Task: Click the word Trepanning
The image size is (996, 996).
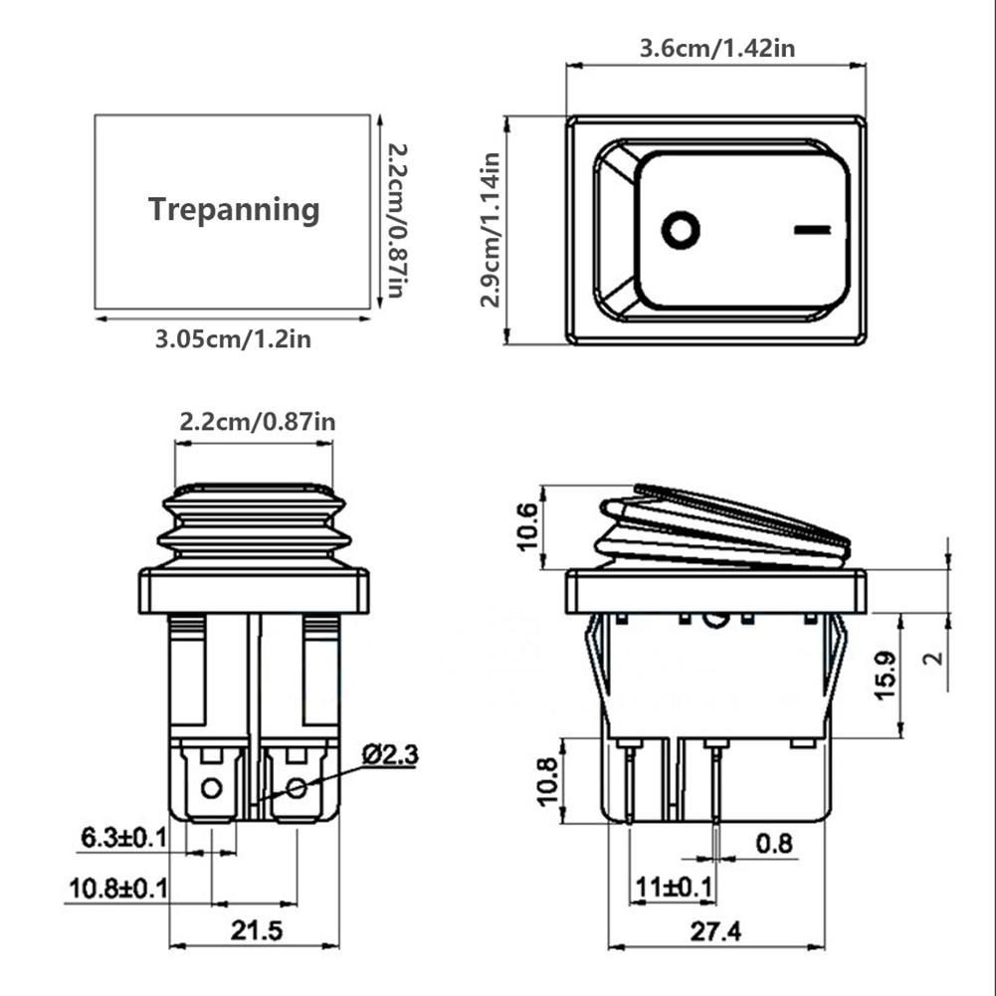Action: [x=234, y=210]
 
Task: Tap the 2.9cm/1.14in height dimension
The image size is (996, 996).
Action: [x=490, y=230]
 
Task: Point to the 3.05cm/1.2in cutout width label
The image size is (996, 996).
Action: [x=233, y=339]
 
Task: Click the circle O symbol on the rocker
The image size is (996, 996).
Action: [x=681, y=230]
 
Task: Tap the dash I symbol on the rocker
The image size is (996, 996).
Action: [x=813, y=231]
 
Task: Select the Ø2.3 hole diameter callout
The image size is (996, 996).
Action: [x=390, y=754]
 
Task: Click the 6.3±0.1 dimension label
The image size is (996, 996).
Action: [x=123, y=839]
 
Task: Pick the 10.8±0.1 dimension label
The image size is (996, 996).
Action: [x=117, y=888]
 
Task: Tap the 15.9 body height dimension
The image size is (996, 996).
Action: [x=885, y=676]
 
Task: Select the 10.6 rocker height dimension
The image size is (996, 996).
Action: [x=527, y=527]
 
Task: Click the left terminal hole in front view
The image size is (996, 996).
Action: [x=210, y=789]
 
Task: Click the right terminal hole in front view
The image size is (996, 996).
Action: [x=296, y=789]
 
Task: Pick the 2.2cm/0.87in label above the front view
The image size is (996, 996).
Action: [x=257, y=422]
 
